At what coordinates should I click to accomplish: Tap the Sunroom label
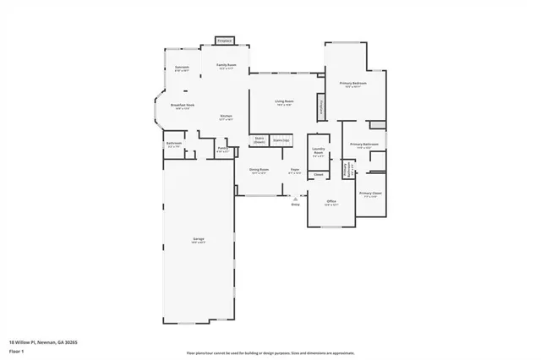(x=182, y=67)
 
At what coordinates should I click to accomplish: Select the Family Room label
(x=226, y=66)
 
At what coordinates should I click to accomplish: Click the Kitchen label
(x=226, y=117)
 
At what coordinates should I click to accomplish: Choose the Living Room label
(x=283, y=102)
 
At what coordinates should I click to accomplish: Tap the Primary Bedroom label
(x=352, y=84)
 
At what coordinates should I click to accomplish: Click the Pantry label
(x=222, y=150)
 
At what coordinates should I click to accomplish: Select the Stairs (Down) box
(x=260, y=140)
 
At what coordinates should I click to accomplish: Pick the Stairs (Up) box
(x=281, y=140)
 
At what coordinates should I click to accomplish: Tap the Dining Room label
(x=259, y=171)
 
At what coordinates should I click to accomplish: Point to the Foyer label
(x=295, y=171)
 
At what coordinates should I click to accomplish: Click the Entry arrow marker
(x=295, y=199)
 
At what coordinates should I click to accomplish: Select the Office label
(x=332, y=202)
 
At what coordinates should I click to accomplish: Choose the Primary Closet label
(x=370, y=194)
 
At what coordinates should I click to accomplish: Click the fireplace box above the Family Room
(x=224, y=40)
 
